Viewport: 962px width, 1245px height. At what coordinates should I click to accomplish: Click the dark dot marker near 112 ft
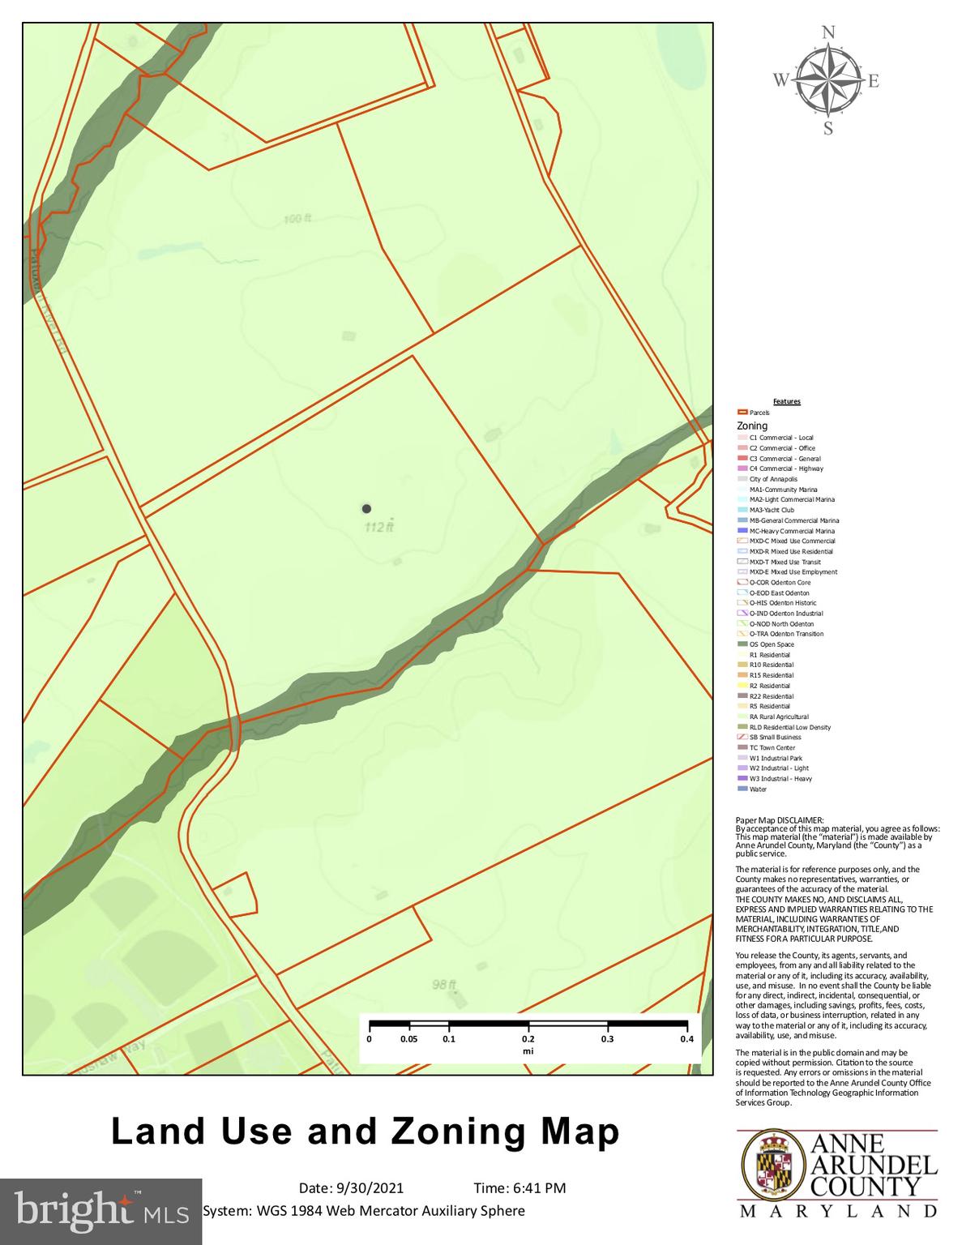click(x=366, y=508)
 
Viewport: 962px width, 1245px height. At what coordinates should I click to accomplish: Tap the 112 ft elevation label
click(x=378, y=527)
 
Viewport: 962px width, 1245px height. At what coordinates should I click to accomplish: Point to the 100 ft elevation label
click(x=298, y=219)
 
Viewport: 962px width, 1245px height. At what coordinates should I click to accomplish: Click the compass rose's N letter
click(x=828, y=33)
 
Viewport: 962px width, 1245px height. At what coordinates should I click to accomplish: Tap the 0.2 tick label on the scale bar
click(x=528, y=1039)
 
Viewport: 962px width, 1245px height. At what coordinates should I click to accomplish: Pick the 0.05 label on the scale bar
click(x=409, y=1039)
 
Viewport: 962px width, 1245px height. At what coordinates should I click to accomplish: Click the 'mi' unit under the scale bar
click(x=528, y=1051)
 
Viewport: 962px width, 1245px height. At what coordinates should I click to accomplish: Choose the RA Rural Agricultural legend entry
click(x=778, y=717)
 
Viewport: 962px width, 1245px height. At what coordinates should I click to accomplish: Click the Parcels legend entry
click(x=759, y=413)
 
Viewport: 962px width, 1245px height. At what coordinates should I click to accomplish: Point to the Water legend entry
click(x=757, y=789)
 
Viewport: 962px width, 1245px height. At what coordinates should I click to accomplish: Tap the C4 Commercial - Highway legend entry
click(x=785, y=468)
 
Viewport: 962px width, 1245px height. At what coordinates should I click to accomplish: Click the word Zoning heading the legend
click(x=752, y=426)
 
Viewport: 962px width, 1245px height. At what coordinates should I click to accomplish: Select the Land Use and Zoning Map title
click(x=366, y=1132)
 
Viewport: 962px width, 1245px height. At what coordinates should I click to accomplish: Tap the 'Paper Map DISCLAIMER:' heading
click(x=779, y=820)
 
